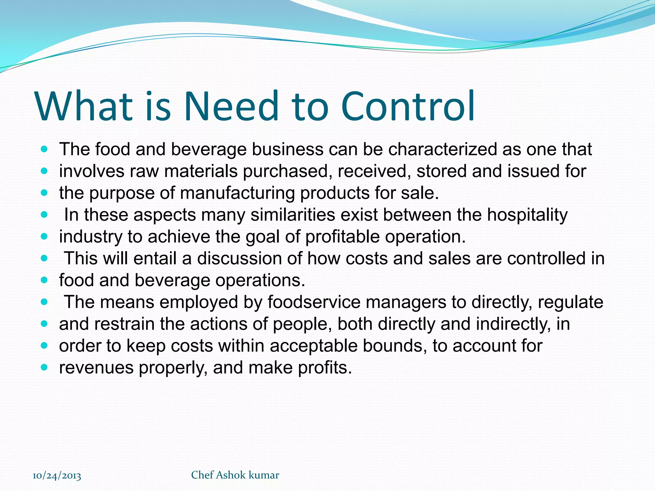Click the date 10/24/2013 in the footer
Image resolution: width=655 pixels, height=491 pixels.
click(x=57, y=476)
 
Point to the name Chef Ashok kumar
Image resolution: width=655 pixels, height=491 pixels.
click(x=235, y=475)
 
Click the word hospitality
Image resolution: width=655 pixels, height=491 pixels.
click(x=527, y=215)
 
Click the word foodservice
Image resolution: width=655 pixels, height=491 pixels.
click(x=314, y=302)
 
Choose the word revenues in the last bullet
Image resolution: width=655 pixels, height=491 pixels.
click(x=96, y=368)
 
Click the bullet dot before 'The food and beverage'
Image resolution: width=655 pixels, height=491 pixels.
click(x=44, y=149)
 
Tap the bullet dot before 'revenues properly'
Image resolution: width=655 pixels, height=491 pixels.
click(x=44, y=368)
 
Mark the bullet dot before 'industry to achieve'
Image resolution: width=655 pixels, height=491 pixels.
click(x=44, y=237)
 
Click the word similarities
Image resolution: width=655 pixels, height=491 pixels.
click(x=293, y=215)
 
